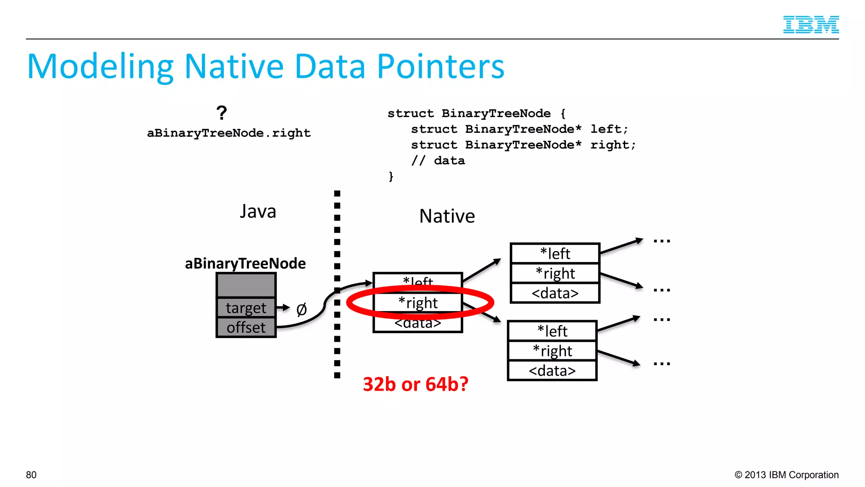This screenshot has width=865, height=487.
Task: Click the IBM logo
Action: [x=811, y=25]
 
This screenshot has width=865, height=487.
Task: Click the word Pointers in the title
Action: [x=441, y=66]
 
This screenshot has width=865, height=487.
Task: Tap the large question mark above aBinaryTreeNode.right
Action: [x=221, y=113]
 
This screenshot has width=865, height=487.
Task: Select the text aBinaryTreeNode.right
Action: [x=228, y=133]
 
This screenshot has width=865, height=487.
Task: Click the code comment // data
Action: [x=438, y=161]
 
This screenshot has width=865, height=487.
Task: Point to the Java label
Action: [x=258, y=211]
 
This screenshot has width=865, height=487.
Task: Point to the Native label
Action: [x=447, y=216]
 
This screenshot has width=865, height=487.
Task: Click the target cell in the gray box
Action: [x=246, y=308]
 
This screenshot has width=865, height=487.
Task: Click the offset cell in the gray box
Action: [x=246, y=328]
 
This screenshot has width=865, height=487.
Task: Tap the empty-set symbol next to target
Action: [x=301, y=309]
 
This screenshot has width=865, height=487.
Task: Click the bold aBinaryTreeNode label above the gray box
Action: [x=245, y=263]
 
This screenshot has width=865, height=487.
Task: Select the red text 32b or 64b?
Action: [x=416, y=384]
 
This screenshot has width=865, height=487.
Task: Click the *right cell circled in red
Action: [x=418, y=303]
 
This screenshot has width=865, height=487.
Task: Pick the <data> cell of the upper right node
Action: [x=555, y=293]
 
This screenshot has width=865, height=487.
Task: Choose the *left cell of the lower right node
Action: [x=552, y=331]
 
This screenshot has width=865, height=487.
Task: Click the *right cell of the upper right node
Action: [x=555, y=273]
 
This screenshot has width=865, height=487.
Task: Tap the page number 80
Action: [x=31, y=475]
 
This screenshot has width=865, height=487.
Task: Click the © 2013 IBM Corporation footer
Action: [x=786, y=475]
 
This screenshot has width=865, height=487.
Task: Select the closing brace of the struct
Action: [x=391, y=176]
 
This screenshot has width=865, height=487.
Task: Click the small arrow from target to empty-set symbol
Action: [x=283, y=307]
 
